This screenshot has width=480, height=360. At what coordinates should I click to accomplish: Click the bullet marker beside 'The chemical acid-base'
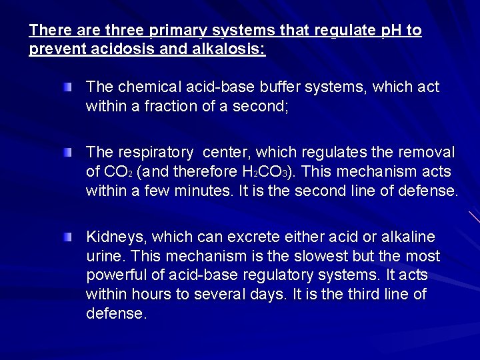pyautogui.click(x=69, y=87)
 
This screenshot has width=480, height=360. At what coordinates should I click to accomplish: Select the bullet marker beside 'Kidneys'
pyautogui.click(x=69, y=237)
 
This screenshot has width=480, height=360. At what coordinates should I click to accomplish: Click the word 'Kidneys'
pyautogui.click(x=112, y=237)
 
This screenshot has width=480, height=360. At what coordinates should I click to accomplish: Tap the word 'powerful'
pyautogui.click(x=115, y=275)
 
